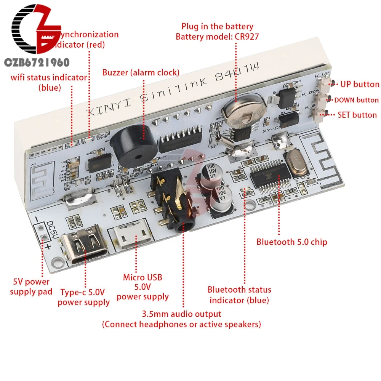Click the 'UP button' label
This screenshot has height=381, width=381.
[360, 84]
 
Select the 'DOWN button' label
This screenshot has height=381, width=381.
[356, 100]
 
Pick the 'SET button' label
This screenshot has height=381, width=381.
[357, 115]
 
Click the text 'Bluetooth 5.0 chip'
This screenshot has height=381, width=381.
[291, 242]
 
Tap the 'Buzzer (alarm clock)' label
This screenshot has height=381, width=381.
[141, 72]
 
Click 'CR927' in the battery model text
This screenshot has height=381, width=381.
[240, 37]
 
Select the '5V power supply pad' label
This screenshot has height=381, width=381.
[31, 287]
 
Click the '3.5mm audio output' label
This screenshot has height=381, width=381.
[181, 314]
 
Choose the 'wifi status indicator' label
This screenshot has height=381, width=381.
[48, 77]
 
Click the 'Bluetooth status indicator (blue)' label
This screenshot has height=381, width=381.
[240, 295]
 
